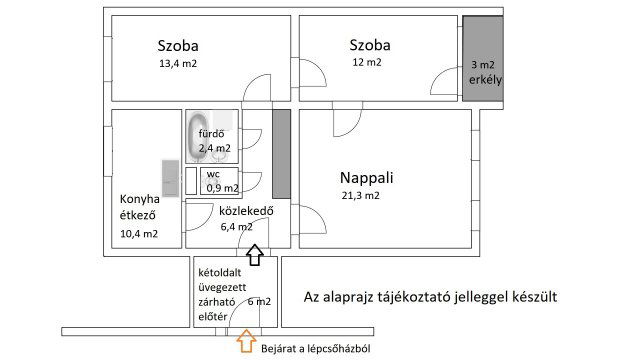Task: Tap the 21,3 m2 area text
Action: coord(360,196)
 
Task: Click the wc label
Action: coord(214,173)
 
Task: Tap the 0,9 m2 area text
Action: coord(222,187)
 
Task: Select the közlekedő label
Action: coord(240,210)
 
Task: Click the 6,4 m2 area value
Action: coord(236,227)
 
